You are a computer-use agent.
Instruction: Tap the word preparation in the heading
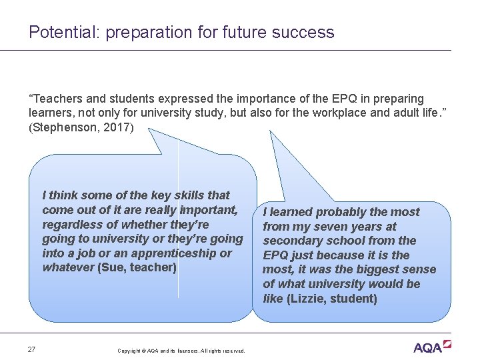pyautogui.click(x=141, y=32)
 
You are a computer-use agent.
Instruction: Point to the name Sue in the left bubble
pyautogui.click(x=113, y=268)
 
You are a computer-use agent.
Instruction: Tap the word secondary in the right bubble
pyautogui.click(x=292, y=241)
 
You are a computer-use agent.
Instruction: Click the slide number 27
pyautogui.click(x=32, y=349)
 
